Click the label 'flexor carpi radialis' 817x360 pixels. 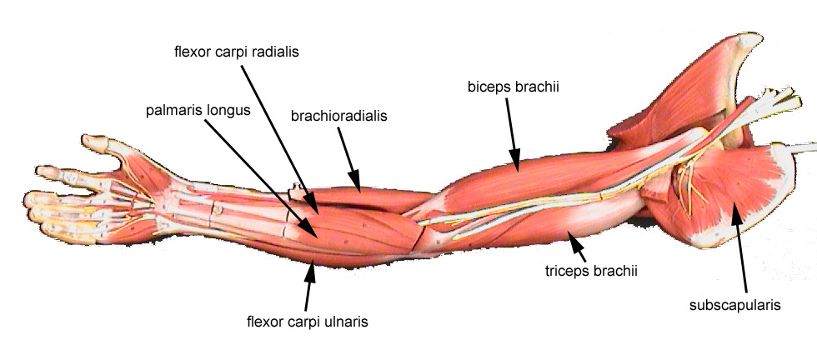click(236, 52)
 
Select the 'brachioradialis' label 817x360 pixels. click(339, 117)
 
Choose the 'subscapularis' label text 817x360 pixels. click(734, 305)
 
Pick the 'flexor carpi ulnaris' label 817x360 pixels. click(308, 320)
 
